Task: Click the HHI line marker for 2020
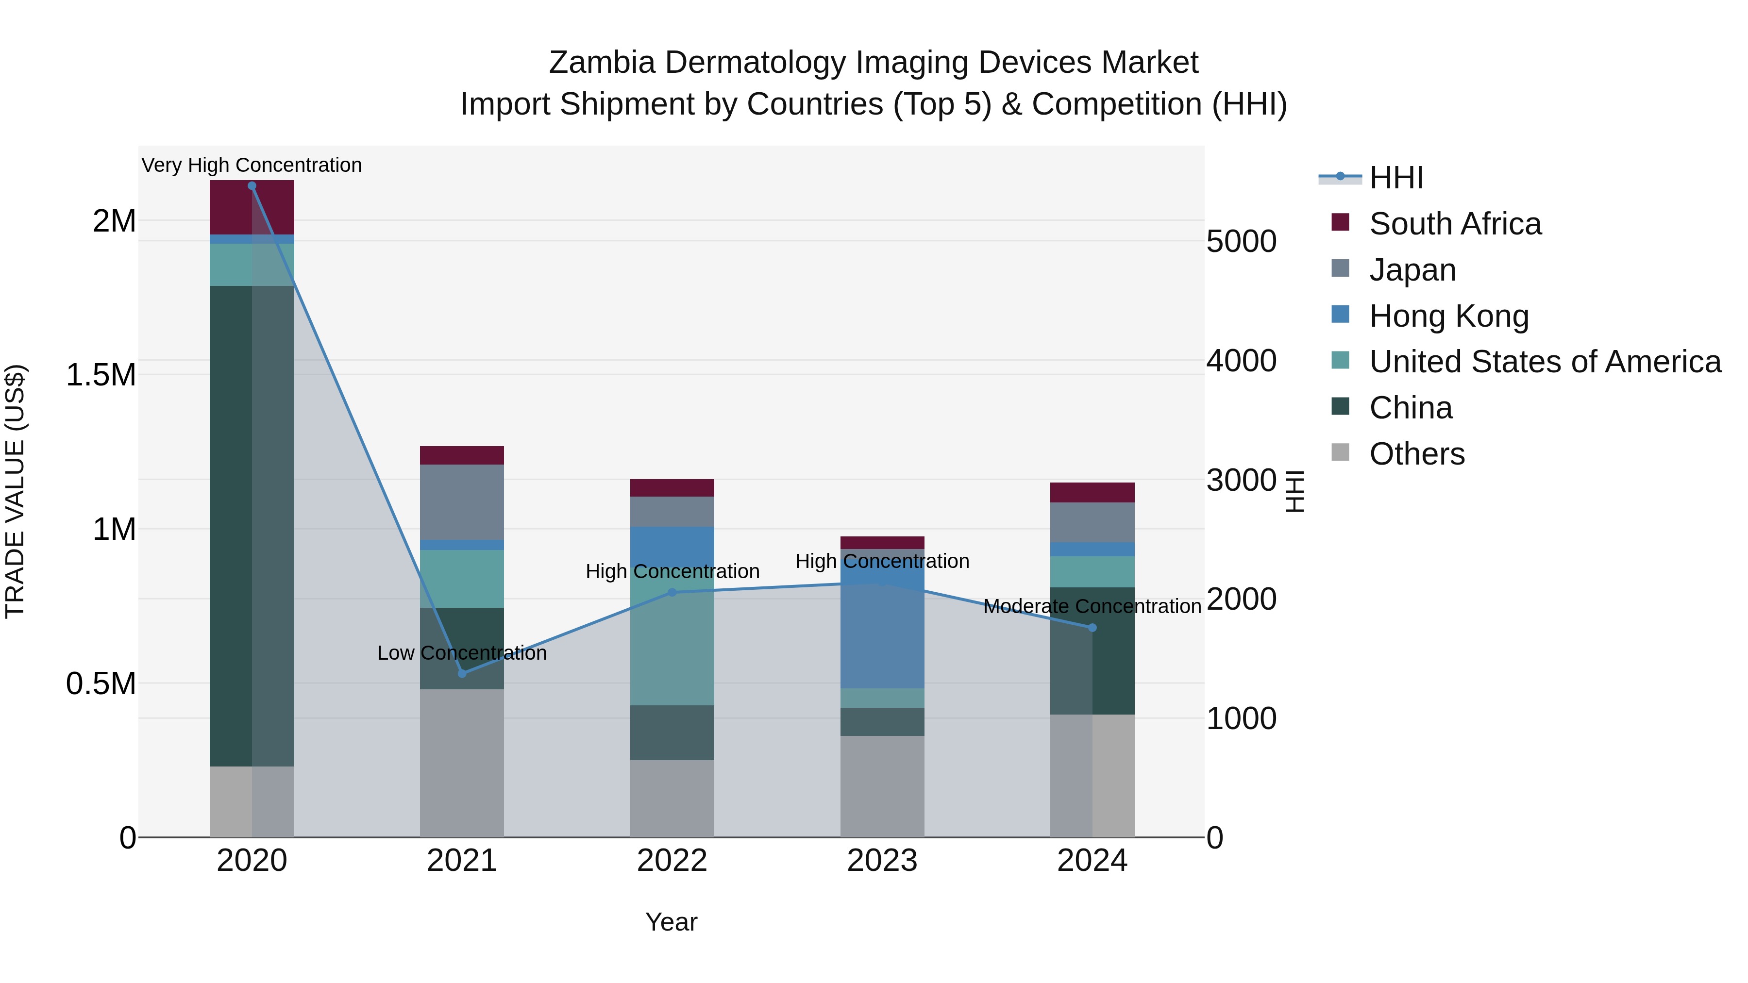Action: pos(252,186)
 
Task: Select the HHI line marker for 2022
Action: pos(672,592)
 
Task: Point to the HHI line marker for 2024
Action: pos(1092,628)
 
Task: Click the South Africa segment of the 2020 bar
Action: pos(252,207)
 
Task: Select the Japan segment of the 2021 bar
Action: pos(462,502)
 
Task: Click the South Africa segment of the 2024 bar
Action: pos(1092,493)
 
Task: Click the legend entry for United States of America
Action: pos(1545,362)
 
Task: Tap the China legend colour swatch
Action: pos(1340,406)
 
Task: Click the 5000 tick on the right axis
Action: pos(1241,242)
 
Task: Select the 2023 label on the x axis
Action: pos(882,861)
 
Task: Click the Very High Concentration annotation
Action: pos(252,165)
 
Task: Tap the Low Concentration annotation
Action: pos(462,652)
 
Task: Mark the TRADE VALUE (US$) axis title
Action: pos(15,491)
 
